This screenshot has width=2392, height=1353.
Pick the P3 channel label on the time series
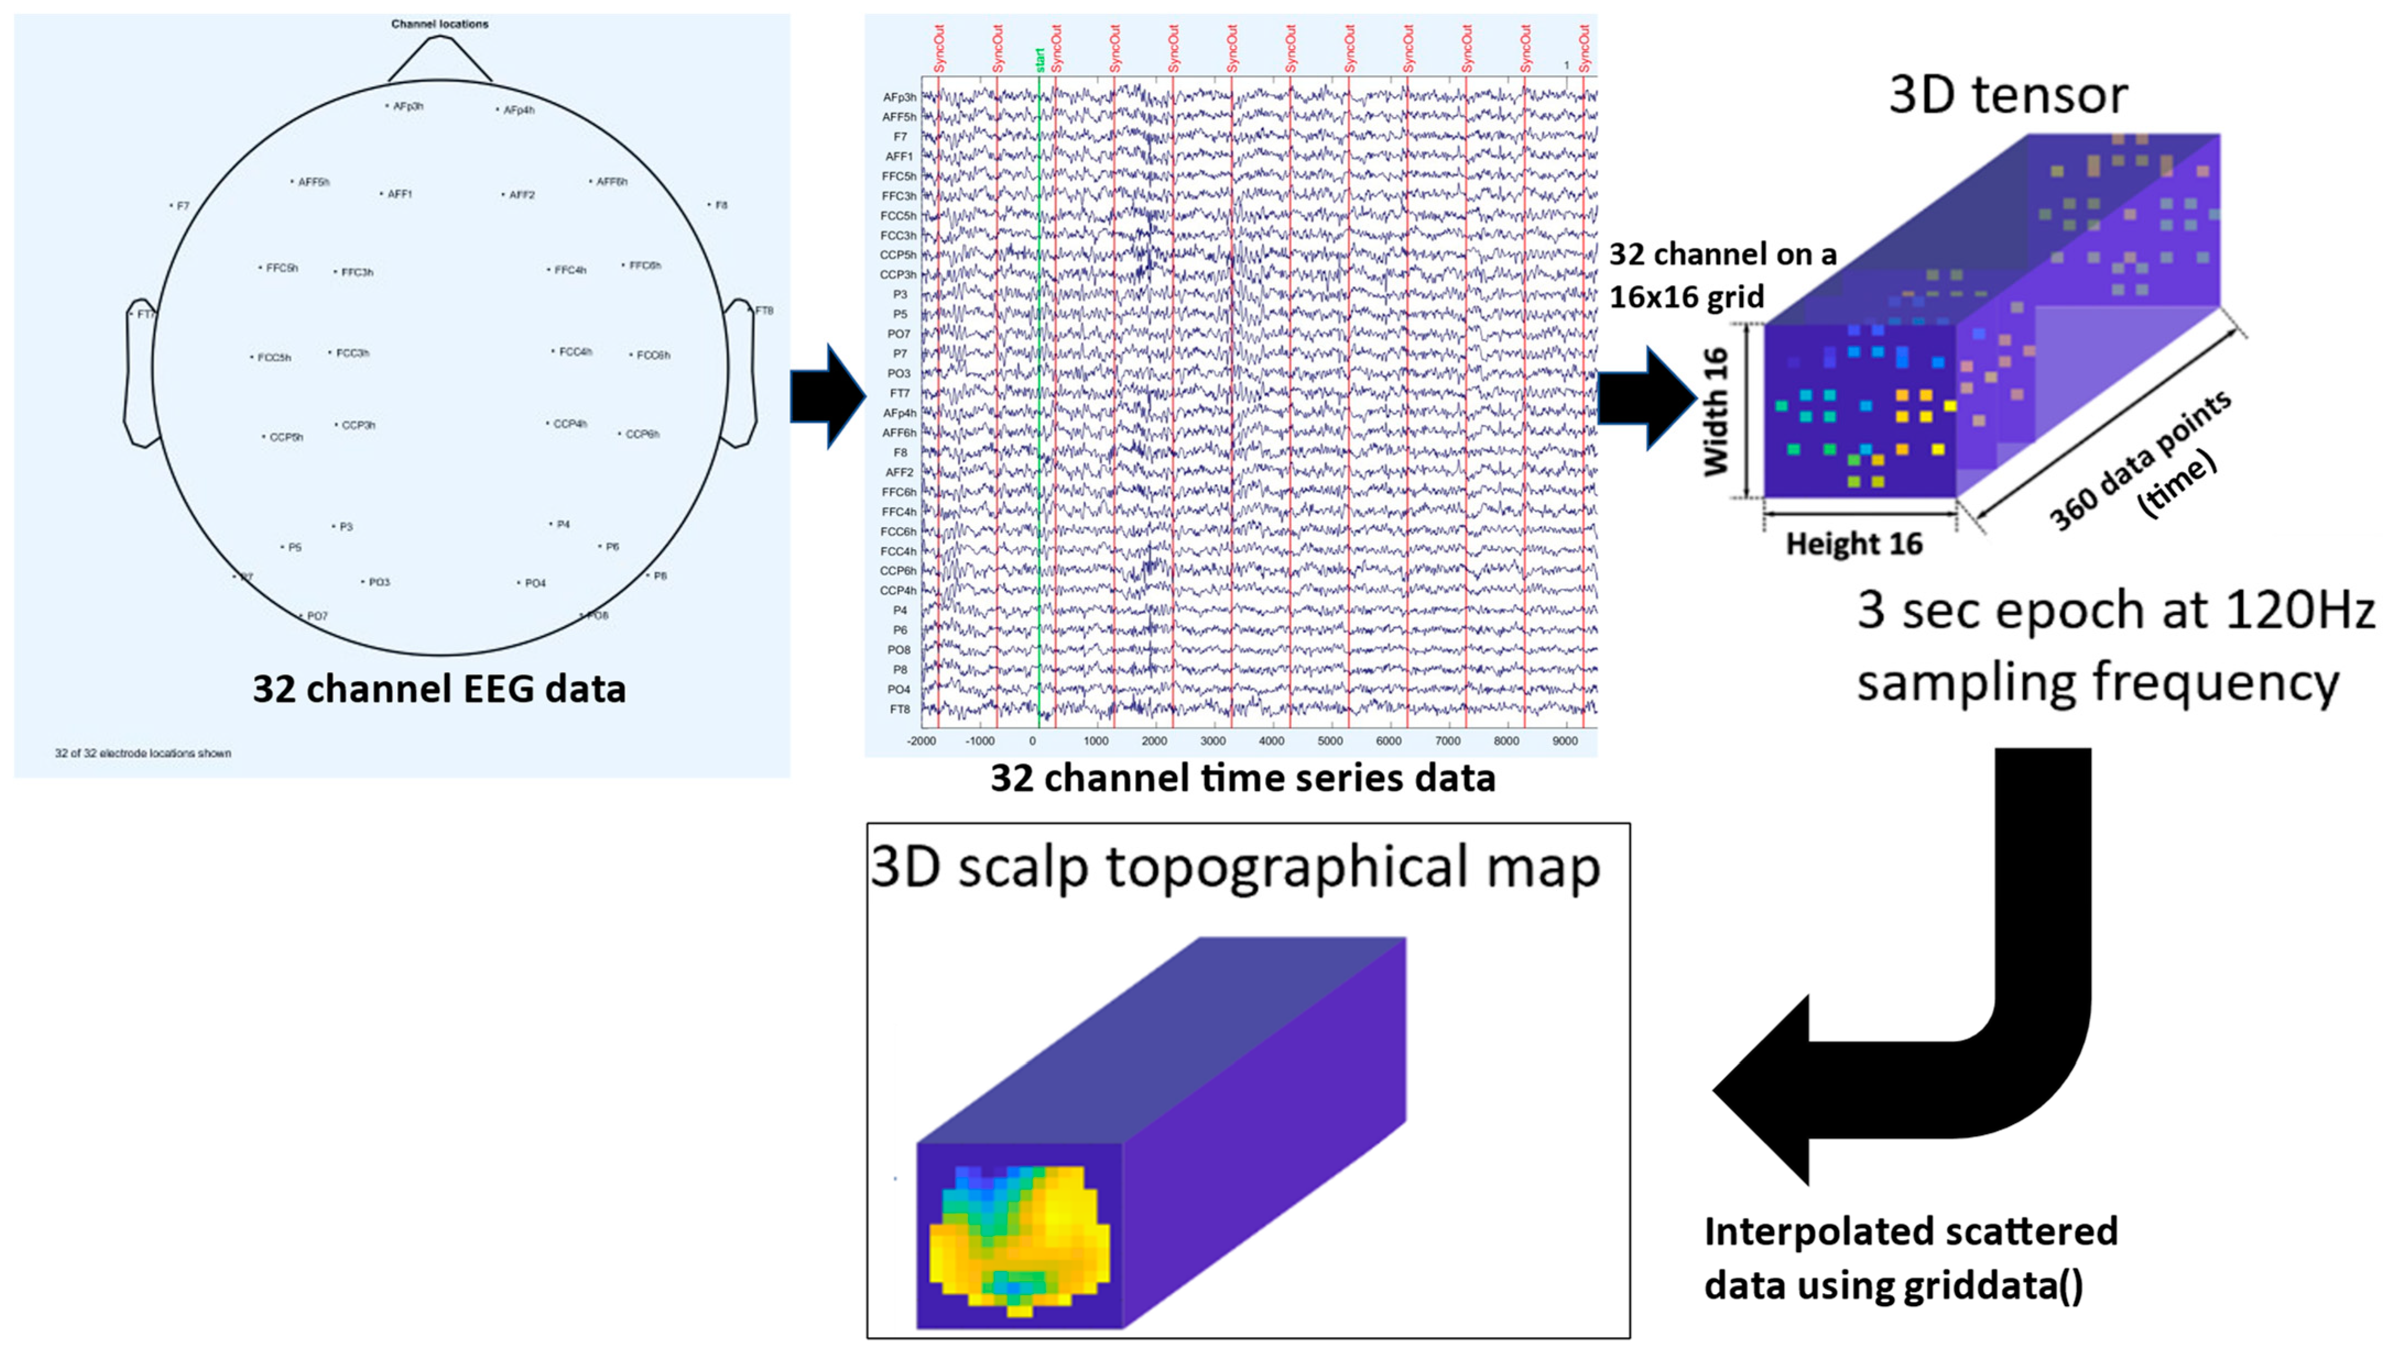click(x=899, y=294)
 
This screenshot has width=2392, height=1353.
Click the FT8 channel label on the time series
click(x=899, y=710)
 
